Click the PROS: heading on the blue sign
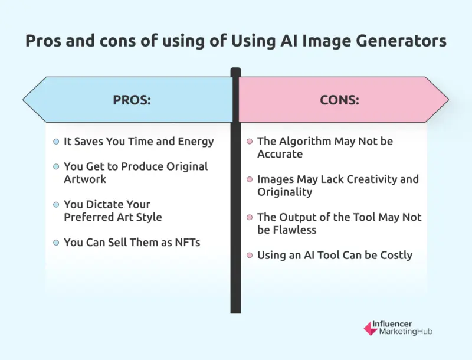(x=132, y=100)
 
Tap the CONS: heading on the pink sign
(x=339, y=100)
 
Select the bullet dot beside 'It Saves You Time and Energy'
(x=56, y=142)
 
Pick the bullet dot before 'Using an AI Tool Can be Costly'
(x=250, y=256)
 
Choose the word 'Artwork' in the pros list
(x=84, y=179)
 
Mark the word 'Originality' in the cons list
(x=286, y=191)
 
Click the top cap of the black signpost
(x=235, y=72)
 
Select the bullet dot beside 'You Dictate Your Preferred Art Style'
(x=56, y=204)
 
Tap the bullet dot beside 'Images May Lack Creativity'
(x=250, y=179)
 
